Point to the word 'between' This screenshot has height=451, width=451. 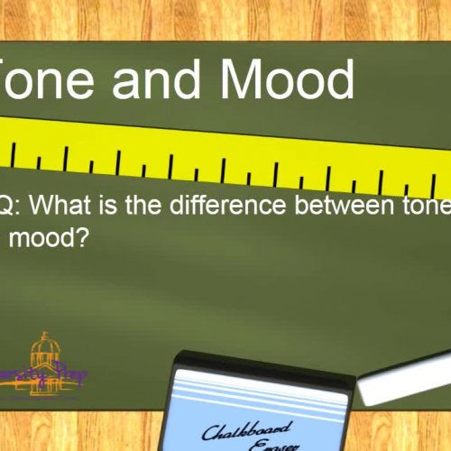pos(357,207)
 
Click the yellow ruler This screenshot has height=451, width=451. pos(225,152)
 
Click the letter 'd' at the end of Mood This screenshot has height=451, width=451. pos(338,78)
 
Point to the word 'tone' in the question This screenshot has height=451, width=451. pos(428,207)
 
